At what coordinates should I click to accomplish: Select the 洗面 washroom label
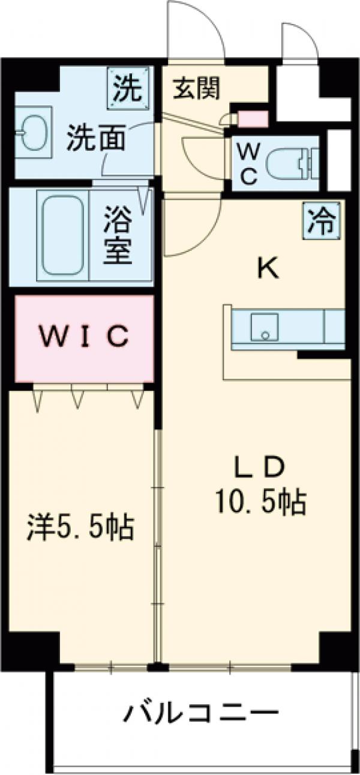pos(97,139)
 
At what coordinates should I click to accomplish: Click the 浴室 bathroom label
pos(119,236)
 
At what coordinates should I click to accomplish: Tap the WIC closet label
pos(83,337)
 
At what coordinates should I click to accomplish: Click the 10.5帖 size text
pos(260,501)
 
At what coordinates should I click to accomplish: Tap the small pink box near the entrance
pos(253,119)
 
